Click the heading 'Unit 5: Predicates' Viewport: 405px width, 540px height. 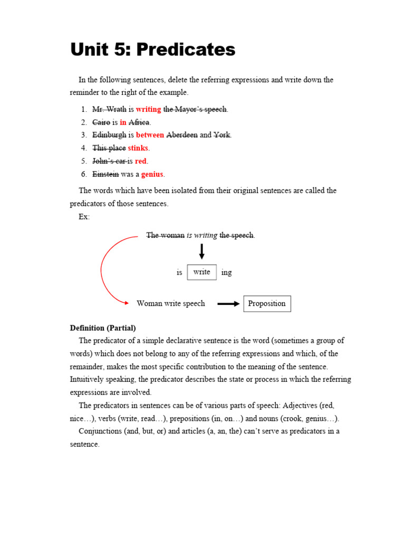pyautogui.click(x=153, y=50)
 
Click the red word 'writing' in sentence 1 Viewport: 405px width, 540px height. pyautogui.click(x=148, y=110)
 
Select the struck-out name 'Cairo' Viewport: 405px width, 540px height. pyautogui.click(x=101, y=122)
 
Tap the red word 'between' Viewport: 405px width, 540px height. pyautogui.click(x=150, y=135)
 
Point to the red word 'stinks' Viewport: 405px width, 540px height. pyautogui.click(x=139, y=148)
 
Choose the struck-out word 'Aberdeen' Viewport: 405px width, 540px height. pyautogui.click(x=182, y=135)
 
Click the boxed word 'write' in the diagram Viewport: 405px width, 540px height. pyautogui.click(x=202, y=272)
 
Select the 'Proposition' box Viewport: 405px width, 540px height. pyautogui.click(x=267, y=303)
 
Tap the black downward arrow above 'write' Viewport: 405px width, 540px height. pyautogui.click(x=202, y=252)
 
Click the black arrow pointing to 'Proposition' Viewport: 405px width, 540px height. pyautogui.click(x=228, y=304)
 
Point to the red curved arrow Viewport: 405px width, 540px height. pyautogui.click(x=103, y=269)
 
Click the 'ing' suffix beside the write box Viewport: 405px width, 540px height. pyautogui.click(x=226, y=273)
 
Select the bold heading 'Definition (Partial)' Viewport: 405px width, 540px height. pyautogui.click(x=103, y=328)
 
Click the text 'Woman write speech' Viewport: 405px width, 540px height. pyautogui.click(x=171, y=304)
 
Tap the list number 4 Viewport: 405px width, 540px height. pyautogui.click(x=84, y=148)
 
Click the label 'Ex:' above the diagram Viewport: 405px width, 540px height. pyautogui.click(x=84, y=217)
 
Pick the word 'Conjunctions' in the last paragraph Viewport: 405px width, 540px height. pyautogui.click(x=100, y=431)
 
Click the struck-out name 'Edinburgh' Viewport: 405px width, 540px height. pyautogui.click(x=109, y=135)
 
